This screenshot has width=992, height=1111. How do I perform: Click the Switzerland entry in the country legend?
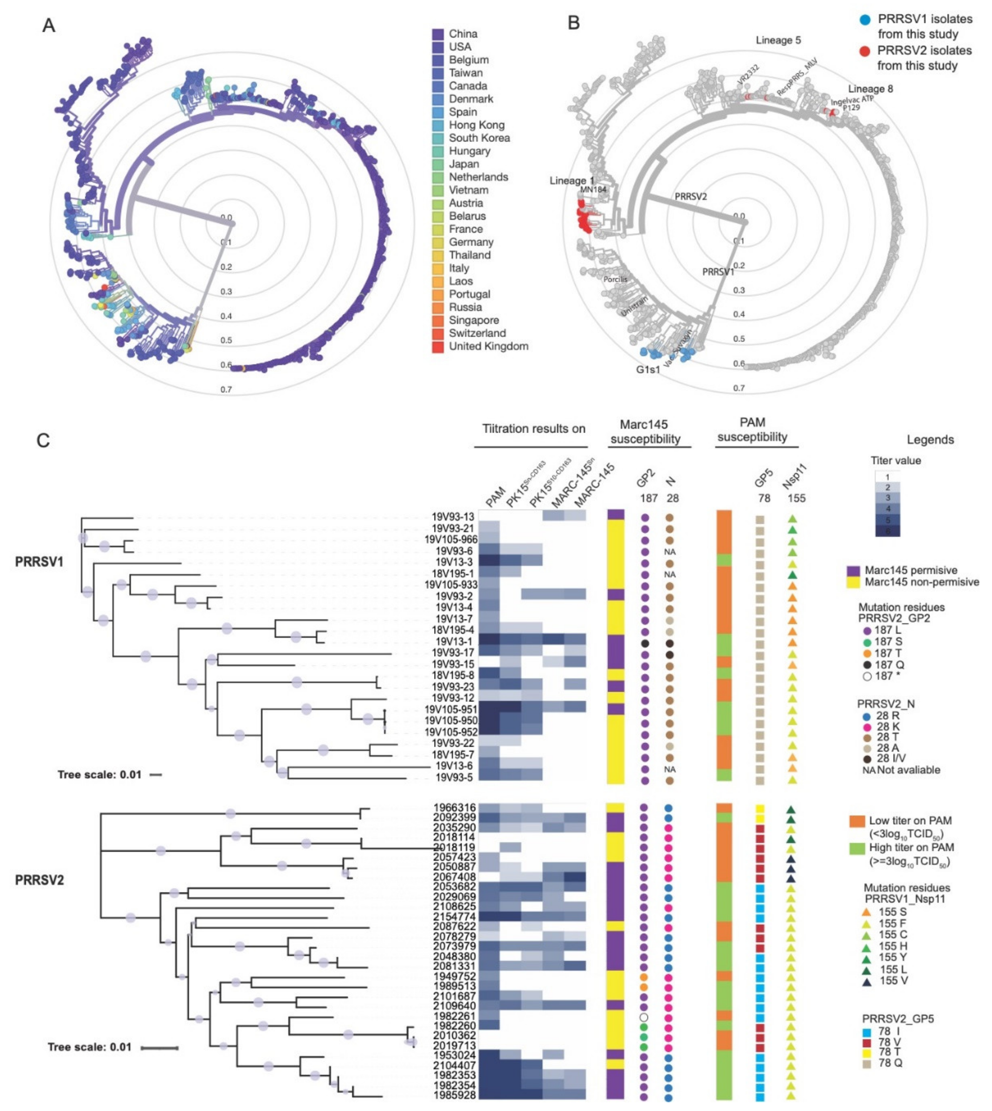(x=477, y=333)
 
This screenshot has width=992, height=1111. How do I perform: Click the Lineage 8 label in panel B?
(x=871, y=89)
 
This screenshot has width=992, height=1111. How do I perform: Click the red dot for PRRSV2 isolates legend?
(x=865, y=51)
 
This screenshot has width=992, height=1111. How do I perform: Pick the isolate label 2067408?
(x=455, y=877)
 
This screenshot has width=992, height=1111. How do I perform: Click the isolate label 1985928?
(x=455, y=1094)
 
